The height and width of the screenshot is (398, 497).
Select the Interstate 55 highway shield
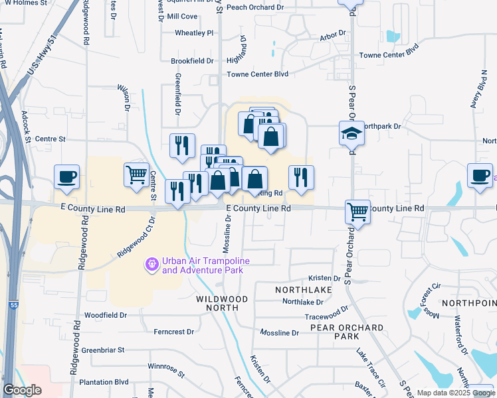tap(13, 305)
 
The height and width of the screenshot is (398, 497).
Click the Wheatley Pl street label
tap(194, 33)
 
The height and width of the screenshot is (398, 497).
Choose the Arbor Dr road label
tap(333, 33)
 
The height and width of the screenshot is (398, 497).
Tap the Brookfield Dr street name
tap(192, 61)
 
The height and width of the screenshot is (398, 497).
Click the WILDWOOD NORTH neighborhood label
tap(222, 303)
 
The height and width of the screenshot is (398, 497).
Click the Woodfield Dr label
tap(106, 315)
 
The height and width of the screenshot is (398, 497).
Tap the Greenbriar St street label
tap(106, 350)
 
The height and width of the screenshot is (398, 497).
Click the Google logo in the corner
tap(23, 390)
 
